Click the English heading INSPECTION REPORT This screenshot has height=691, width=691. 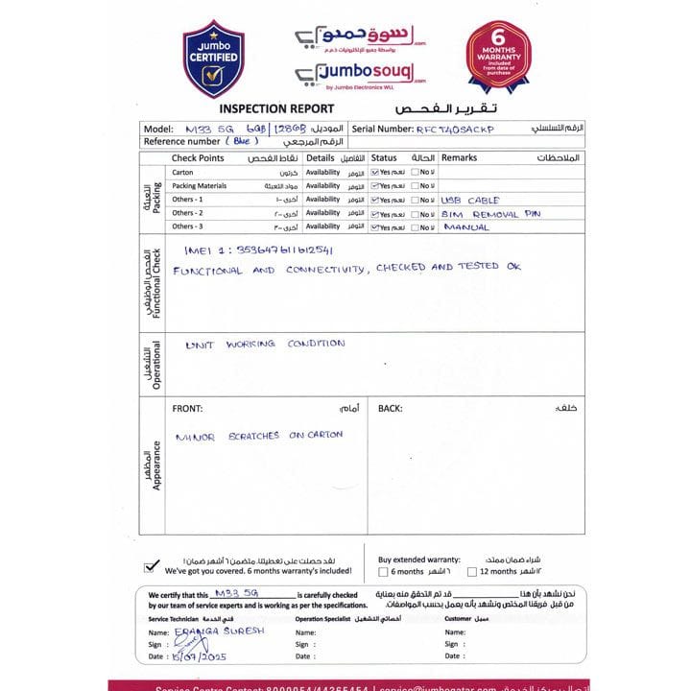coord(277,108)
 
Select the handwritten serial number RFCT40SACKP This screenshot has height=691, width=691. coord(455,128)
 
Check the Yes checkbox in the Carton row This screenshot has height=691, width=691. coord(375,173)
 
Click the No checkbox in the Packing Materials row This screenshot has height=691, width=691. coord(414,186)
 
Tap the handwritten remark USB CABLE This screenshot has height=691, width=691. coord(471,200)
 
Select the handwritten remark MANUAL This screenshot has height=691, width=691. coord(466,227)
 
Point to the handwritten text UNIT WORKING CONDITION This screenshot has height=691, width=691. coord(264,344)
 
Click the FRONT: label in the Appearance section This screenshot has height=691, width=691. coord(187,409)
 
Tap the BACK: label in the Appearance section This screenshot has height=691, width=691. coord(390,409)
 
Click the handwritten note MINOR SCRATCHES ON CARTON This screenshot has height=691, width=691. coord(258,436)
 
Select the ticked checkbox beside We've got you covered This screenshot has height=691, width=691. coord(151,565)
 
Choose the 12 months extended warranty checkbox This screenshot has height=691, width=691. coord(471,572)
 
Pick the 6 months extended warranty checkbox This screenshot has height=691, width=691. coord(383,572)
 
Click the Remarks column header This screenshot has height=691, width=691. coord(459,157)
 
